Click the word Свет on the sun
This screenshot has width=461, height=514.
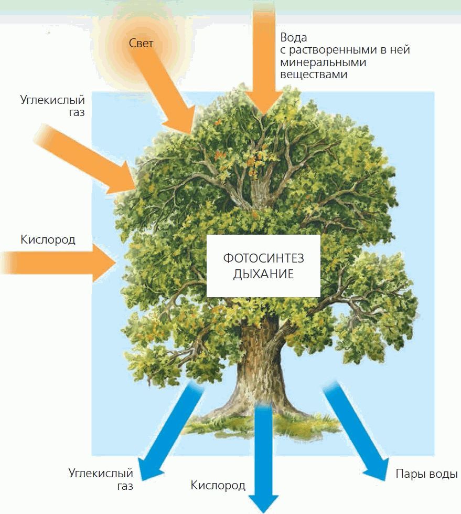(x=141, y=43)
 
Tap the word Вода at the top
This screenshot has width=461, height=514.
(x=293, y=38)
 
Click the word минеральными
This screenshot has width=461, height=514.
(x=323, y=62)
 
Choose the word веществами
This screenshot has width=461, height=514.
(x=314, y=75)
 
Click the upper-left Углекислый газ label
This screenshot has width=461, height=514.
(x=52, y=105)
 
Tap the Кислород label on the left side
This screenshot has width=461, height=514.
(x=48, y=240)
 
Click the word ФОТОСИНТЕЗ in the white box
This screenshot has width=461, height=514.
(x=263, y=259)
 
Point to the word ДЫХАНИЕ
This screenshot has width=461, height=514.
(x=263, y=274)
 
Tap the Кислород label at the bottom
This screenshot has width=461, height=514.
(x=218, y=485)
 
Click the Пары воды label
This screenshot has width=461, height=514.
(x=426, y=474)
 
